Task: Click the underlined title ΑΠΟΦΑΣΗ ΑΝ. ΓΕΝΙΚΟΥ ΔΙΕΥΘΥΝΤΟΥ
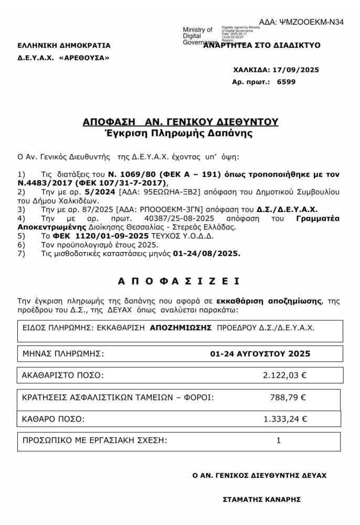tap(181, 122)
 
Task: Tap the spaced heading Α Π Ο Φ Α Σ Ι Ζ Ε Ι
tap(179, 281)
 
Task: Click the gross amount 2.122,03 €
tap(285, 375)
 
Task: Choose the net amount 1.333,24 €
tap(285, 419)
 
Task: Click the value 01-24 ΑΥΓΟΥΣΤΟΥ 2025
tap(260, 354)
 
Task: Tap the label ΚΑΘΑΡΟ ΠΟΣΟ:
tap(54, 419)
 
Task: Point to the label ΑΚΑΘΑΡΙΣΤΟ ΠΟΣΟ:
tap(63, 375)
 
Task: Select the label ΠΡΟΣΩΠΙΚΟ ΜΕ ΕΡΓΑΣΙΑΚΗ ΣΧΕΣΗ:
tap(94, 440)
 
